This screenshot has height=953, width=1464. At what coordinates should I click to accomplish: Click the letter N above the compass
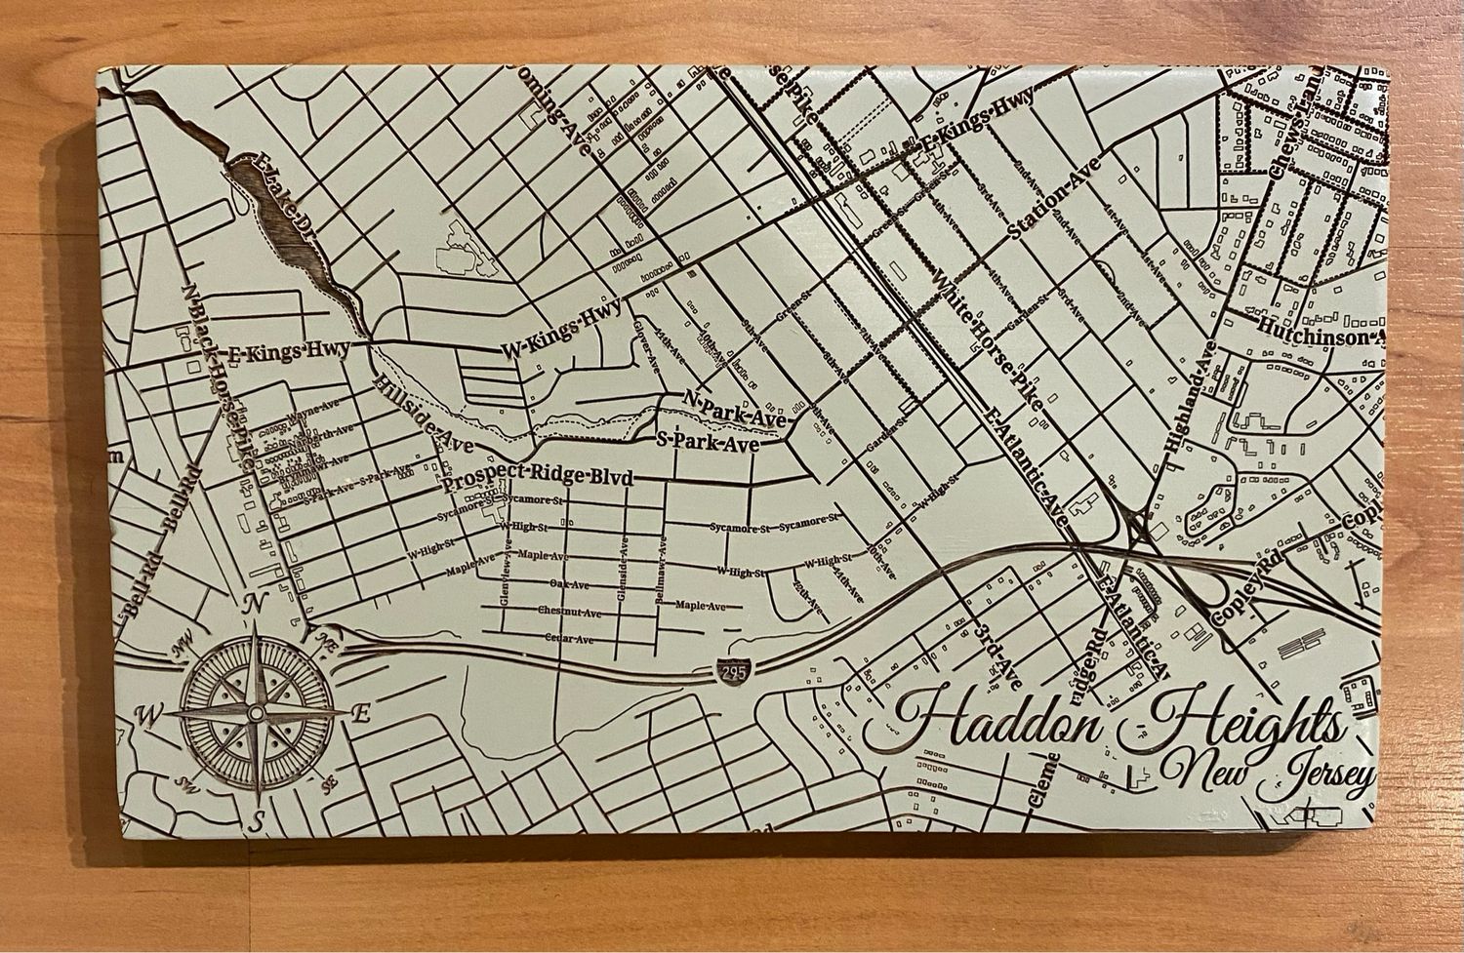251,605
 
